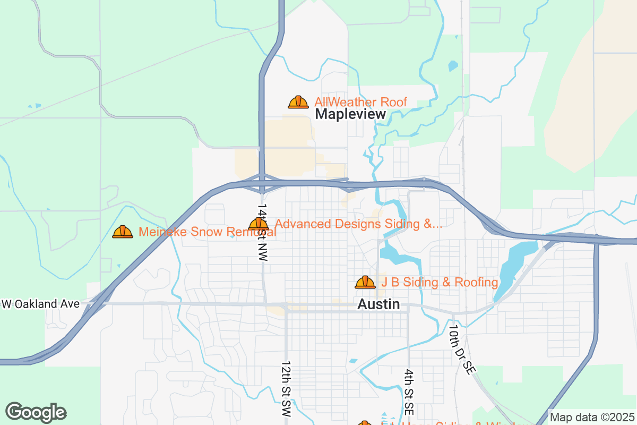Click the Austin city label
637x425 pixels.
tap(378, 304)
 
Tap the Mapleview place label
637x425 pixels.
tap(350, 114)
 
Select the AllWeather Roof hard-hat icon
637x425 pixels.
tap(298, 102)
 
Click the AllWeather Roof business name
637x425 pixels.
tap(360, 102)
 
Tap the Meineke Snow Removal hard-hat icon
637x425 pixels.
tap(123, 232)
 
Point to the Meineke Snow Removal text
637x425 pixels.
tap(207, 232)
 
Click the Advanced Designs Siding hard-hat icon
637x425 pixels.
tap(259, 224)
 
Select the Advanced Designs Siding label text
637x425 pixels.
tap(358, 224)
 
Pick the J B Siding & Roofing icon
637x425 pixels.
tap(365, 282)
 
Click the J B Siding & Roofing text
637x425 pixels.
tap(439, 282)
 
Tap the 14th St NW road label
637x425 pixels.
tap(262, 231)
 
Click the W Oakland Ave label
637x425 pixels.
tap(41, 304)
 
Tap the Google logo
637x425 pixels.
tap(36, 412)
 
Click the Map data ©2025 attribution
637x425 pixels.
tap(591, 418)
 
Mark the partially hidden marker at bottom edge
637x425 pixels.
tap(365, 423)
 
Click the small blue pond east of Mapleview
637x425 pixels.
tap(452, 66)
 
